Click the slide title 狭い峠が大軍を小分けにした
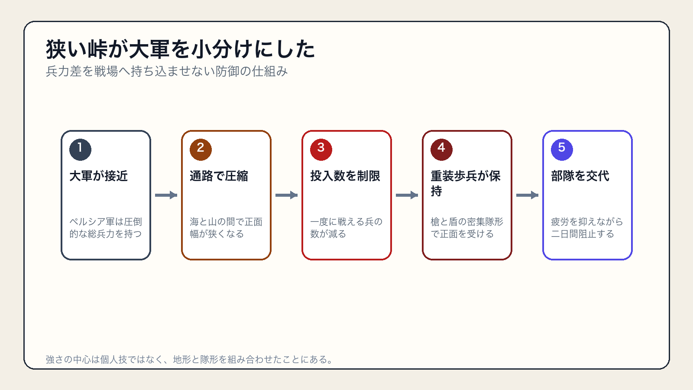click(180, 49)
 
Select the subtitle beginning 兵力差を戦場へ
click(167, 71)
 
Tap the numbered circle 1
click(81, 150)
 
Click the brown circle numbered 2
click(201, 150)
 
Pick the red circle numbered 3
click(321, 150)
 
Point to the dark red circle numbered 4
click(441, 150)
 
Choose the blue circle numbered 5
click(562, 150)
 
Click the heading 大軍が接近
click(99, 176)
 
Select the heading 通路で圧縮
click(219, 176)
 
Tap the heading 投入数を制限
click(345, 176)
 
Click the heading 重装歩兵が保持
click(466, 183)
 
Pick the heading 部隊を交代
click(580, 176)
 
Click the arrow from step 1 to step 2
click(166, 195)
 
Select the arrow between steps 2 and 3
click(286, 195)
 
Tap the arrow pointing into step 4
click(407, 195)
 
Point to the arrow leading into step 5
click(527, 195)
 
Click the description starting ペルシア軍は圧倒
click(106, 228)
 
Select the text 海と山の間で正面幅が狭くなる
click(226, 228)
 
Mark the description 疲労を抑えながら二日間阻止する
click(587, 228)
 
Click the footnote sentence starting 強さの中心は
click(190, 359)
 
